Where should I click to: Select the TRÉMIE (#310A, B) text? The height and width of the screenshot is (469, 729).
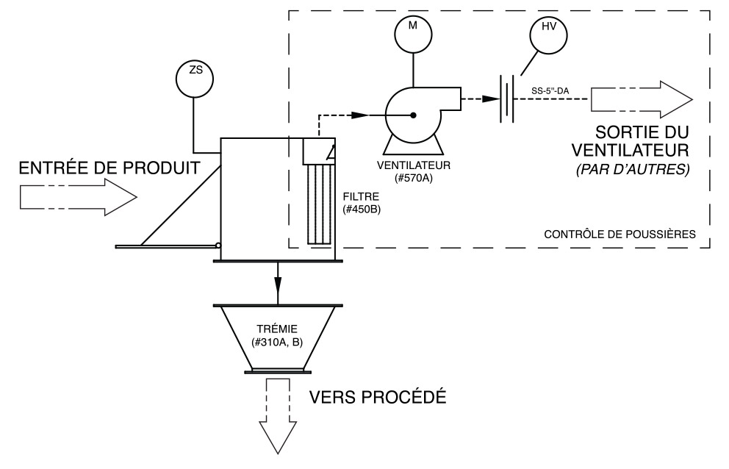[x=277, y=337]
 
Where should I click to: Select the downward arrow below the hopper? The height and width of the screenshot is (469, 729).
[x=279, y=418]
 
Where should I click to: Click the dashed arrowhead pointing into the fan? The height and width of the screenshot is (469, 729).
[x=359, y=115]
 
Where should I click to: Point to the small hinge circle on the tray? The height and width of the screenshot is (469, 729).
[x=218, y=246]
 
